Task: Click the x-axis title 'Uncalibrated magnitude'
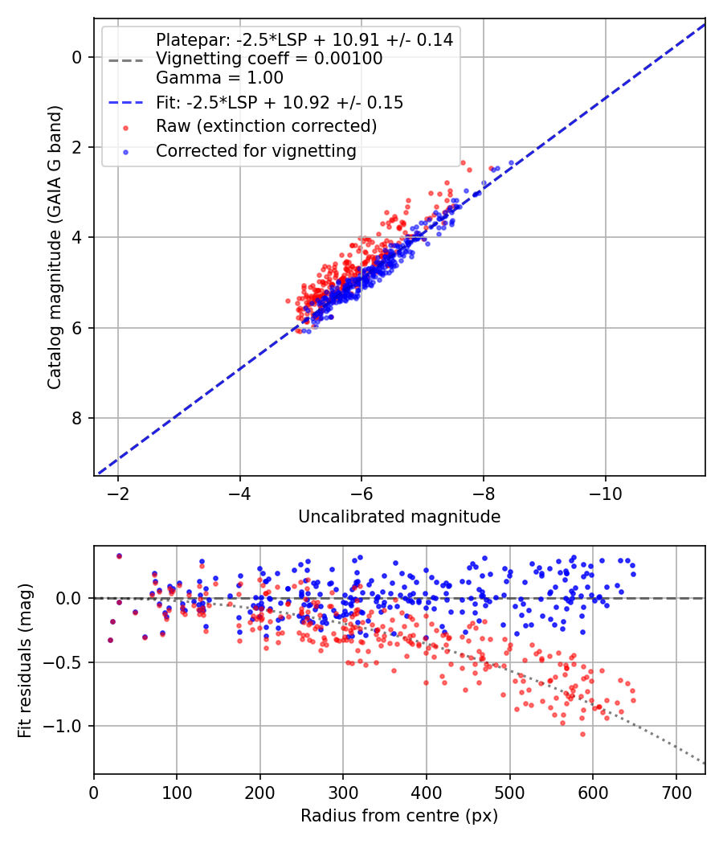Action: click(399, 517)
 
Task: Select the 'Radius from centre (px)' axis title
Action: click(399, 816)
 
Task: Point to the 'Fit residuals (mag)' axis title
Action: click(24, 660)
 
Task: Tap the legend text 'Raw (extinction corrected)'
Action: click(266, 126)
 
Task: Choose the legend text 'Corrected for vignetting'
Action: click(255, 150)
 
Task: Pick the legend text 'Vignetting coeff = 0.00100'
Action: click(269, 59)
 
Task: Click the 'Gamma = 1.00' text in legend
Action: click(219, 79)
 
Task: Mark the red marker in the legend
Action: click(125, 127)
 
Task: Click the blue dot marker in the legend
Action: click(125, 151)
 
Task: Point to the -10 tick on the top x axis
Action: click(605, 493)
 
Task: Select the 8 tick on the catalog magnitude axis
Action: click(78, 418)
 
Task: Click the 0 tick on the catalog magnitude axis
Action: click(78, 57)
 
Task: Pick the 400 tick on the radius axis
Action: click(427, 791)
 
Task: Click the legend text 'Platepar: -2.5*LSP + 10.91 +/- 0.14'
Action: click(304, 39)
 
